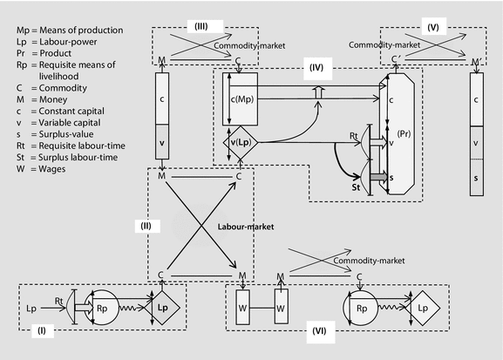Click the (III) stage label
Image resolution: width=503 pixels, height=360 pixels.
pyautogui.click(x=201, y=26)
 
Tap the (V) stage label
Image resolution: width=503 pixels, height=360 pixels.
pyautogui.click(x=433, y=27)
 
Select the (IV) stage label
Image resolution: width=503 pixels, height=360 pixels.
pyautogui.click(x=316, y=68)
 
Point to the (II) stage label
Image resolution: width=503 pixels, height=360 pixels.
pyautogui.click(x=146, y=226)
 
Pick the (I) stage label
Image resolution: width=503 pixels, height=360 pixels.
pyautogui.click(x=42, y=331)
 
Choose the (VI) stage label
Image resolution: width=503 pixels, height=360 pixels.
pyautogui.click(x=320, y=331)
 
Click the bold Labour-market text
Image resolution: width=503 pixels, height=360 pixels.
pyautogui.click(x=246, y=227)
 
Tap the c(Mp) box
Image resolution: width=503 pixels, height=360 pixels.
pyautogui.click(x=241, y=98)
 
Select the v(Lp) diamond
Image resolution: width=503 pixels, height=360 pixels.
pyautogui.click(x=241, y=142)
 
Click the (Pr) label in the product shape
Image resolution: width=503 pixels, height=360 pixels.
pyautogui.click(x=404, y=133)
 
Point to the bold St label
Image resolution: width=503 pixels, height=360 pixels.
pyautogui.click(x=356, y=187)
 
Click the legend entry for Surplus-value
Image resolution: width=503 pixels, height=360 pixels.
pyautogui.click(x=55, y=134)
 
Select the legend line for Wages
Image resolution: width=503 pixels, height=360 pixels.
pyautogui.click(x=41, y=169)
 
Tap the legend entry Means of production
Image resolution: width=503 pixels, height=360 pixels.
pyautogui.click(x=70, y=31)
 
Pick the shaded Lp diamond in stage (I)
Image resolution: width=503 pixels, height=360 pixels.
pyautogui.click(x=163, y=308)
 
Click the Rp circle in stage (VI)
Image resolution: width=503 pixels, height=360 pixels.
pyautogui.click(x=361, y=308)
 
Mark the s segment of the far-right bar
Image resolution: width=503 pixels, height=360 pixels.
pyautogui.click(x=477, y=178)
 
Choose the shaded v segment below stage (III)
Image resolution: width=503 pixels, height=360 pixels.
pyautogui.click(x=162, y=142)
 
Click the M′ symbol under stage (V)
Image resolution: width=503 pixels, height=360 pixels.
pyautogui.click(x=477, y=61)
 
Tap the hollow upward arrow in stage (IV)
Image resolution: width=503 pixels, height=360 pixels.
pyautogui.click(x=318, y=92)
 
